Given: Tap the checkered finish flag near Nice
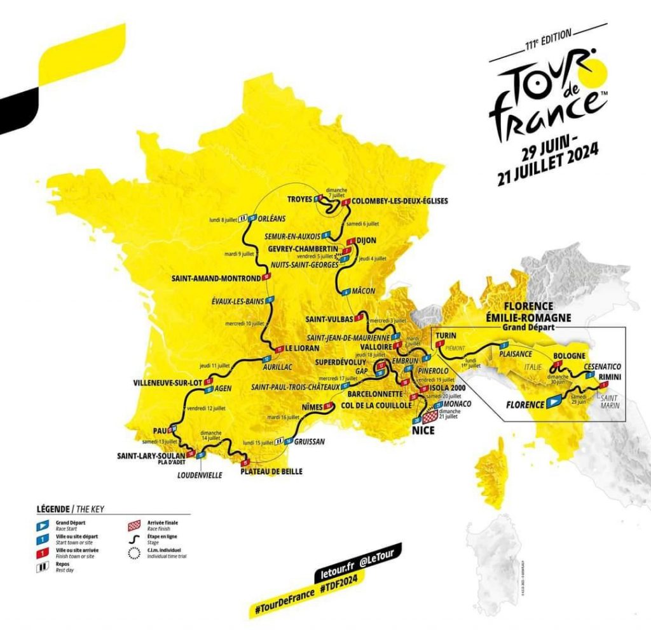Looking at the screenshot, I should (430, 417).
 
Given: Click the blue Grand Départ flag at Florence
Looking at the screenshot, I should (554, 402).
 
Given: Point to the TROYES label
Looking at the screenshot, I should (299, 199).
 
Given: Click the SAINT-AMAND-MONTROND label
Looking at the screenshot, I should (216, 277).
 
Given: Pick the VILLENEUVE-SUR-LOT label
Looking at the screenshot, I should (168, 382).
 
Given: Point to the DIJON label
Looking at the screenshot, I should (367, 241).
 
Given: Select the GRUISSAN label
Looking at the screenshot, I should (311, 441).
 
